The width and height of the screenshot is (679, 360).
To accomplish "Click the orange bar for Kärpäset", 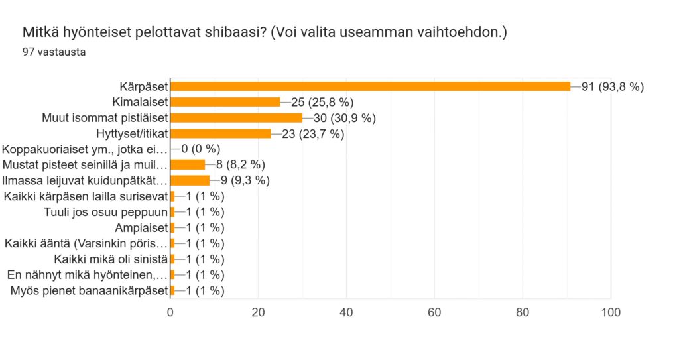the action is point(370,86).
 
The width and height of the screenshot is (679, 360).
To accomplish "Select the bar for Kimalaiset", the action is point(225,102).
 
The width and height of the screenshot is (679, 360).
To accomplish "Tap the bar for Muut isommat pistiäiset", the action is point(237,118).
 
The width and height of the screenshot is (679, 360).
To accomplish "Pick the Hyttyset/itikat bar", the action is point(221,133).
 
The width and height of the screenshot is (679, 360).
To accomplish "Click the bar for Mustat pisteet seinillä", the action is point(188,164).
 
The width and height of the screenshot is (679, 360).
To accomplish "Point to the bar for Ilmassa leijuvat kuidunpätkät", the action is point(190,180).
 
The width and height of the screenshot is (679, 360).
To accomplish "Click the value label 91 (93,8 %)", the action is point(612,87).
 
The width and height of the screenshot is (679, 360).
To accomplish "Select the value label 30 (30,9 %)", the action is point(344,118).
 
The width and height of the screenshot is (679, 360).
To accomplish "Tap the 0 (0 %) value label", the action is point(200,149).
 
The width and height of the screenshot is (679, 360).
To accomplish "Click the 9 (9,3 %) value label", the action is point(245,180).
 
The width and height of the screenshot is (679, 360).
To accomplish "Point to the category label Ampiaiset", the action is point(141,228).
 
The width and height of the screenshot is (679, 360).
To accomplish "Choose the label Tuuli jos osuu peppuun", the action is point(105,212).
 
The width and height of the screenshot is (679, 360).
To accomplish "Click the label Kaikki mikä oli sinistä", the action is point(111,259).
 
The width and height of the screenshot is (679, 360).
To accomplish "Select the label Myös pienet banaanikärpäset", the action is point(90,290).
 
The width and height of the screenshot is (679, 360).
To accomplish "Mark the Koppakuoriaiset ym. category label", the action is point(84,150).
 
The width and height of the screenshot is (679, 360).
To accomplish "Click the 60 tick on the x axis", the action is point(434,312).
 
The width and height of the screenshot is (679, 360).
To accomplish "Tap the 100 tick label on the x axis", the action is point(611,312).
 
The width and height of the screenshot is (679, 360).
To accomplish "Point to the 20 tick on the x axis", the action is point(258,312).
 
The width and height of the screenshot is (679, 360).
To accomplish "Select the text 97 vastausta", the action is point(54,52).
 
